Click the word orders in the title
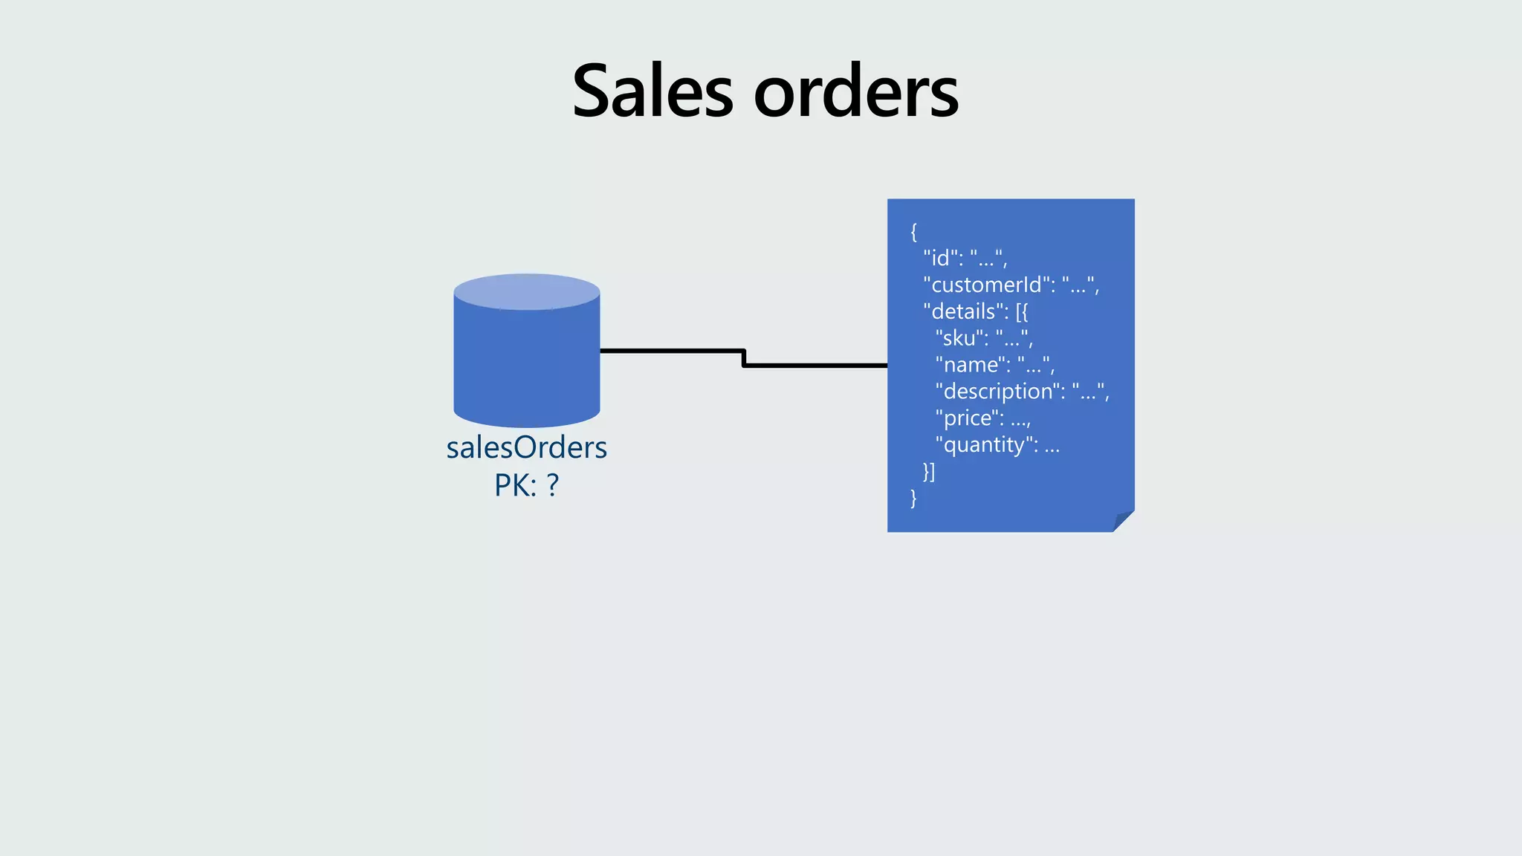pos(856,92)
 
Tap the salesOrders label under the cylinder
pos(526,447)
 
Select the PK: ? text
pos(526,485)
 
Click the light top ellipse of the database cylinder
pos(526,291)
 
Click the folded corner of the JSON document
pos(1122,522)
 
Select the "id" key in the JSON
pos(940,258)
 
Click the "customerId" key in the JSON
pos(985,285)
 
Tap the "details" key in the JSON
pos(962,311)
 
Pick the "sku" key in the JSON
pos(959,338)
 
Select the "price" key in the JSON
pos(967,418)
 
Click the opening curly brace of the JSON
pos(914,232)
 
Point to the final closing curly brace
pos(914,498)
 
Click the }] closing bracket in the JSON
pos(929,471)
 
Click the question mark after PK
pos(552,485)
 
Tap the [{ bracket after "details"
pos(1022,311)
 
